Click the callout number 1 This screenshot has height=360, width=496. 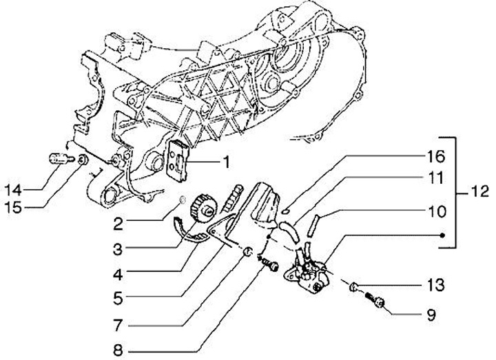(x=225, y=163)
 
